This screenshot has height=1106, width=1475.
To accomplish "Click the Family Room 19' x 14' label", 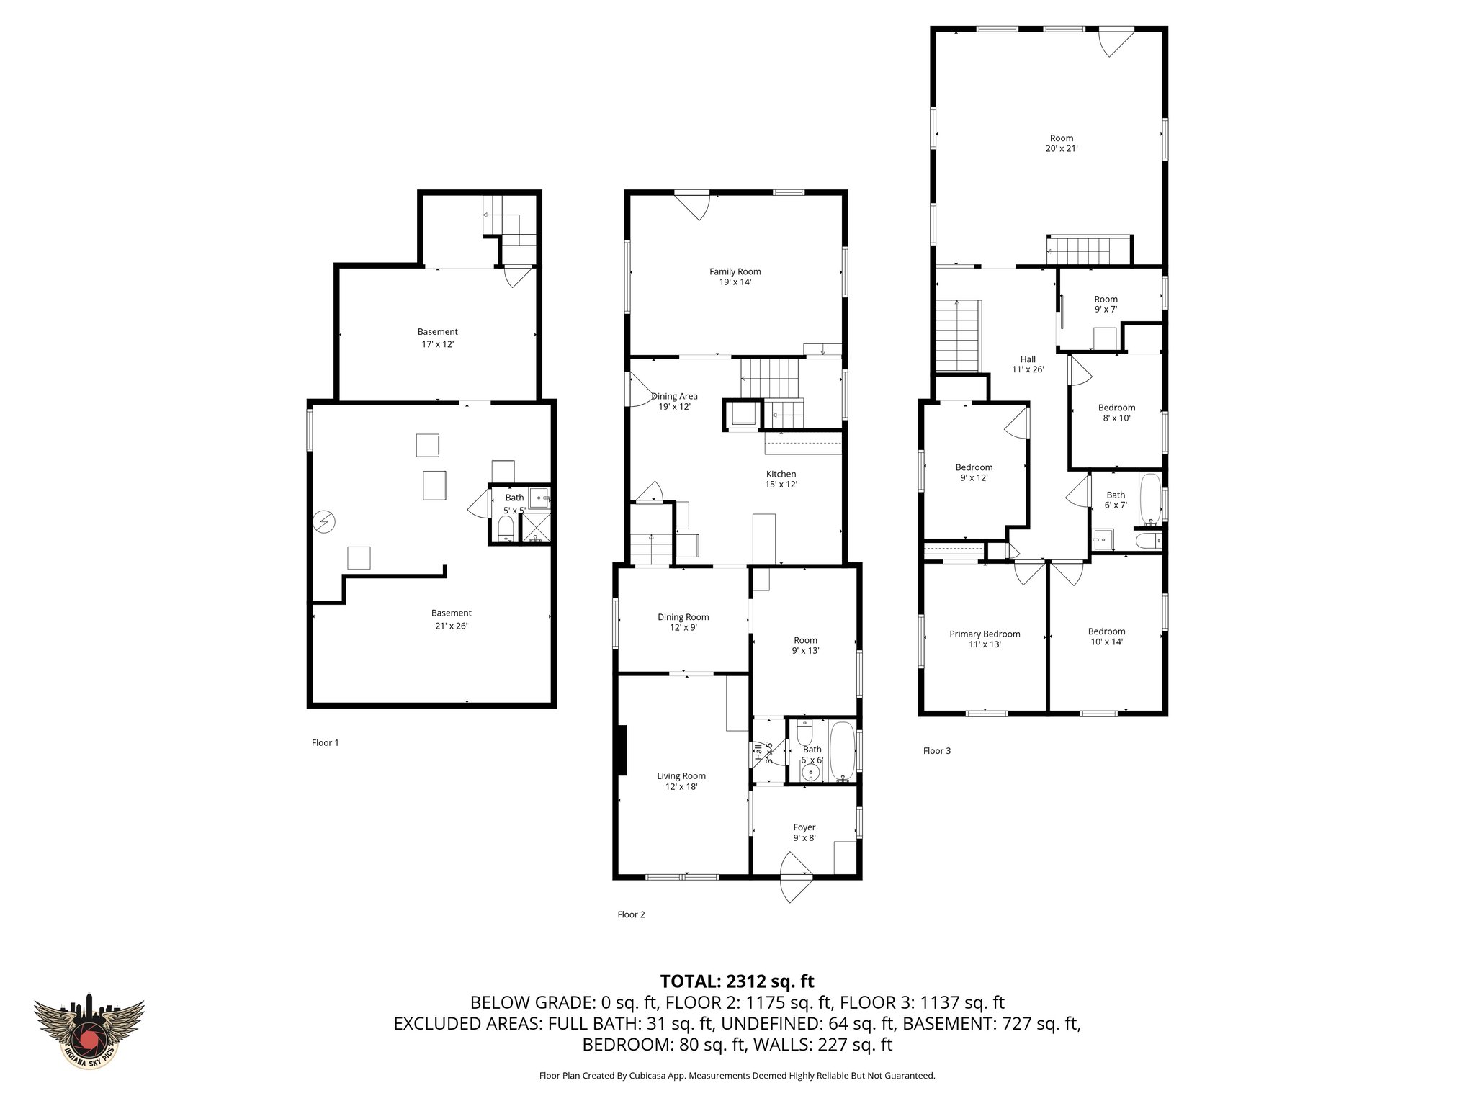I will [735, 276].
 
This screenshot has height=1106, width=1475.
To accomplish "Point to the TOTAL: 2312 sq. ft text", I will [737, 981].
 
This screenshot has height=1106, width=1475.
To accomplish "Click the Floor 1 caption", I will [325, 742].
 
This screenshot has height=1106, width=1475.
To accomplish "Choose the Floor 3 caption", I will [936, 750].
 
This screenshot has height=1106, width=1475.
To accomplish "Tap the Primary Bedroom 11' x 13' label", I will [985, 639].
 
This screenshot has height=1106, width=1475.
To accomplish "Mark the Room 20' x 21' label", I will [1061, 143].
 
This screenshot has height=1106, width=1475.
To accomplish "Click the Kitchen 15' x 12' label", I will [781, 479].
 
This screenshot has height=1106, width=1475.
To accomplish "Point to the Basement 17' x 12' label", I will [437, 338].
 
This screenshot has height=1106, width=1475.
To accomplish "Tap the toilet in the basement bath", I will [506, 528].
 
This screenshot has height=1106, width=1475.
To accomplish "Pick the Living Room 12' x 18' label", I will [681, 781].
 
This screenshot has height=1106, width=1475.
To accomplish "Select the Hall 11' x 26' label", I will [1028, 364].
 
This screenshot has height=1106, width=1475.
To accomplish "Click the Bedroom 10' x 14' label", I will [1106, 636].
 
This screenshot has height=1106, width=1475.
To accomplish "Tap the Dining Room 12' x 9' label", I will [683, 621].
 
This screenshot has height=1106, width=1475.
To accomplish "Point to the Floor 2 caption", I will [631, 914].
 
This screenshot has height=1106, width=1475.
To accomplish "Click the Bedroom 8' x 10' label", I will [1116, 412].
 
